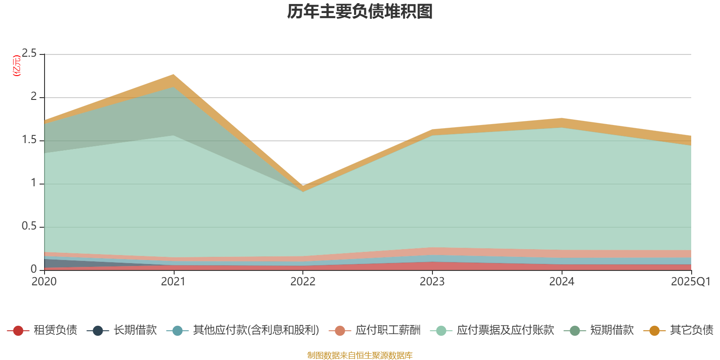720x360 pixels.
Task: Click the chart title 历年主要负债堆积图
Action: click(x=360, y=12)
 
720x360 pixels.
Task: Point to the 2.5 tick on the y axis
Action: click(x=29, y=54)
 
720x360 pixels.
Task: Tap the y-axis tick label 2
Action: click(x=33, y=97)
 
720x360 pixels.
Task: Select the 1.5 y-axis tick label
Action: click(x=29, y=140)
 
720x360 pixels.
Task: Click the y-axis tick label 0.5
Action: click(x=29, y=226)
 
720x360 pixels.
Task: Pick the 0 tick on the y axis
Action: click(x=33, y=269)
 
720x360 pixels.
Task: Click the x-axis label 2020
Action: click(x=44, y=282)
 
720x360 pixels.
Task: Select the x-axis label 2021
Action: click(x=173, y=282)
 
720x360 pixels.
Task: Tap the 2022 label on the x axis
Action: click(x=303, y=282)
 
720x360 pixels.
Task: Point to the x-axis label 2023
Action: click(x=432, y=282)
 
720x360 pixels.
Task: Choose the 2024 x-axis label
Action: click(x=562, y=282)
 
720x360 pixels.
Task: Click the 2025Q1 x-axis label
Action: click(x=690, y=282)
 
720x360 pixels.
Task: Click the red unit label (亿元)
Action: click(x=17, y=66)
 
